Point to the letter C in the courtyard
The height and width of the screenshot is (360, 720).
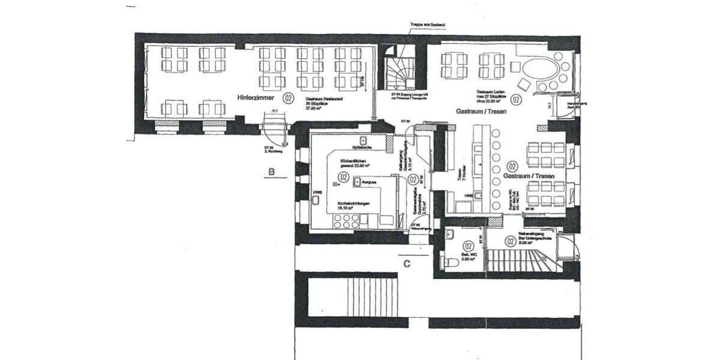[x=407, y=262]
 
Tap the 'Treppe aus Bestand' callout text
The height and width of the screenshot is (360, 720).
[x=427, y=25]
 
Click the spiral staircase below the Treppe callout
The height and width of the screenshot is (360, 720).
[x=399, y=75]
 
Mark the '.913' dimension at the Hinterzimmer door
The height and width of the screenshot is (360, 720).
[x=274, y=112]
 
